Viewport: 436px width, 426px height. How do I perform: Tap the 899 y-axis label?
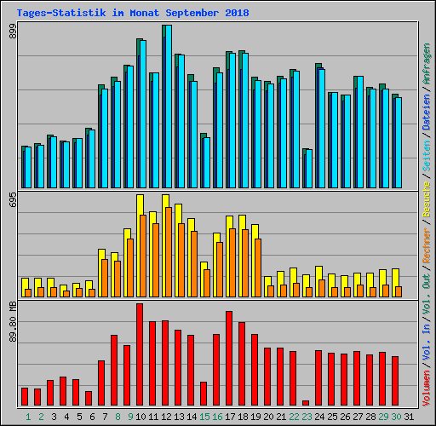point(12,32)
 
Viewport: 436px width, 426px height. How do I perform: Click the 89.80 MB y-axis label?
point(12,320)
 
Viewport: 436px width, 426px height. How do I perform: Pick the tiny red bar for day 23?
point(306,403)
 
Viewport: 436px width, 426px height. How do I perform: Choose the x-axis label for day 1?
point(28,417)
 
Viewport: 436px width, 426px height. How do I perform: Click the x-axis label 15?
point(204,417)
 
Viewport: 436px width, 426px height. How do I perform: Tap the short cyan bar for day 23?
point(308,169)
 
